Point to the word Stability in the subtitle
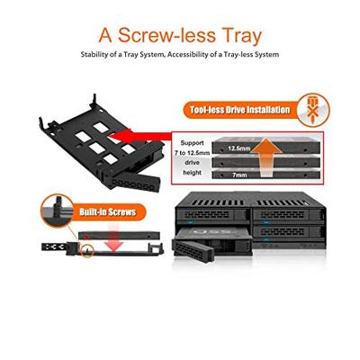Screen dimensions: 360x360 (96, 56)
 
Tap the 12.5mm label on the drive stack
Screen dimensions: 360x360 (239, 146)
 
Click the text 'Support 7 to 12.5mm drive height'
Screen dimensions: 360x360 (193, 157)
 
